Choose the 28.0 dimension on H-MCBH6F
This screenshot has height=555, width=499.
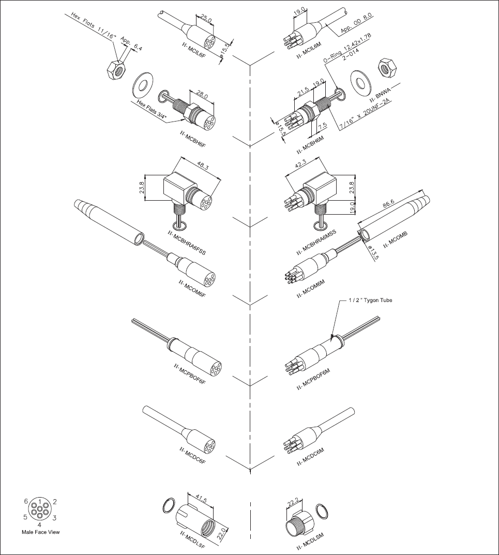[201, 95]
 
